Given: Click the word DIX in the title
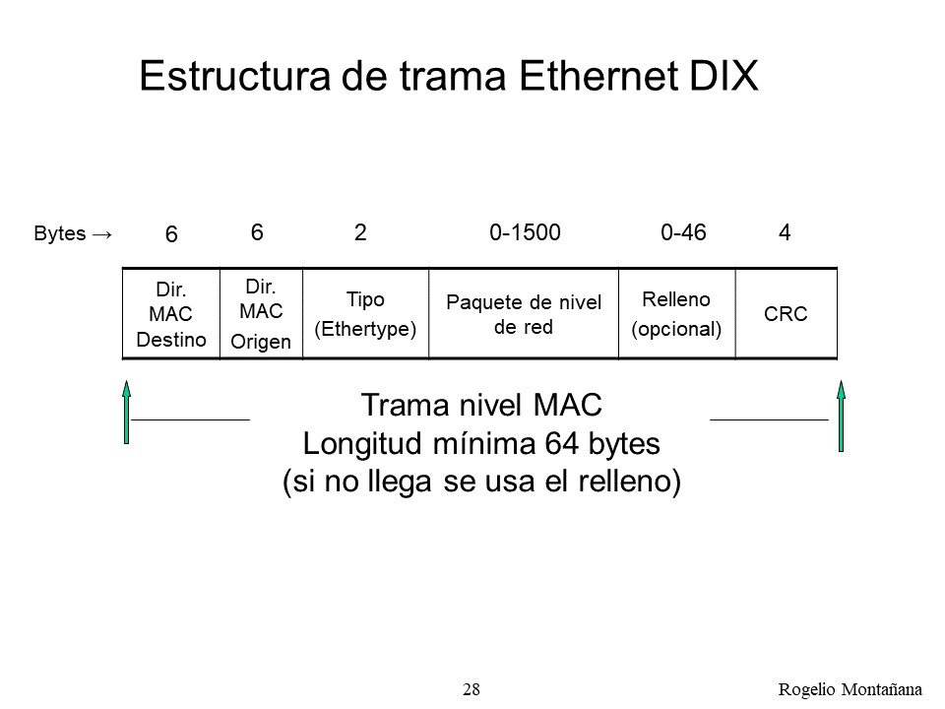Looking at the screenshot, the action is tap(724, 76).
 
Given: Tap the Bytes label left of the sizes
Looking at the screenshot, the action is tap(60, 233).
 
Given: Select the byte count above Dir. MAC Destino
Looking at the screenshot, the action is tap(171, 234).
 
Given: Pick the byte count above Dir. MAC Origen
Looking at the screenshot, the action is tap(257, 232).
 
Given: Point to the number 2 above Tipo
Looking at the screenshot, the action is tap(360, 232).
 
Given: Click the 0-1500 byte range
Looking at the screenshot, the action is tap(525, 232).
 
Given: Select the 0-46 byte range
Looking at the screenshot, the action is tap(683, 232).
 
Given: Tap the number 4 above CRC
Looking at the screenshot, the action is tap(785, 232).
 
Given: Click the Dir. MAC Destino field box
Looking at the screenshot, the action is tap(171, 313).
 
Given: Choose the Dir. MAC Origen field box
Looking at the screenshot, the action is tap(261, 313).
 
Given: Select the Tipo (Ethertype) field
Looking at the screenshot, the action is tap(366, 313).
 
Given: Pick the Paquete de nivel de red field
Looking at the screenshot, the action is tap(524, 313).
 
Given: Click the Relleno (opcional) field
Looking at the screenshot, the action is tap(677, 313).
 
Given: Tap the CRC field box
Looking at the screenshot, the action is tap(787, 313).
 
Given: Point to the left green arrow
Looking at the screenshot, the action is tap(127, 413).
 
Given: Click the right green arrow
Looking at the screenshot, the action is tap(842, 416).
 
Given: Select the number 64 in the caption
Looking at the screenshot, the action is tap(562, 444).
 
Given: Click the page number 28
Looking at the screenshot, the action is tap(472, 689).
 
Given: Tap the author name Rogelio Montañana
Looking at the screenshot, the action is tap(850, 689).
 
